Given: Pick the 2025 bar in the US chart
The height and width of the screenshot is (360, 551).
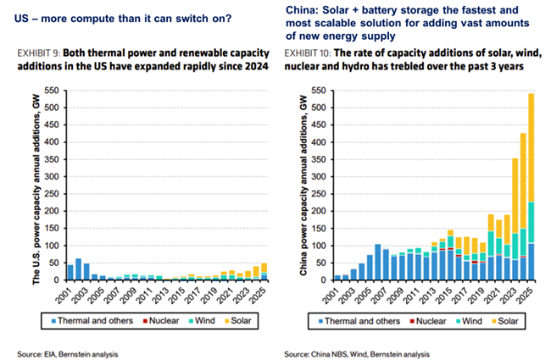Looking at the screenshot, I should coord(263,270).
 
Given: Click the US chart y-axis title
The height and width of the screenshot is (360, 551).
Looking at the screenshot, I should coord(22,185).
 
